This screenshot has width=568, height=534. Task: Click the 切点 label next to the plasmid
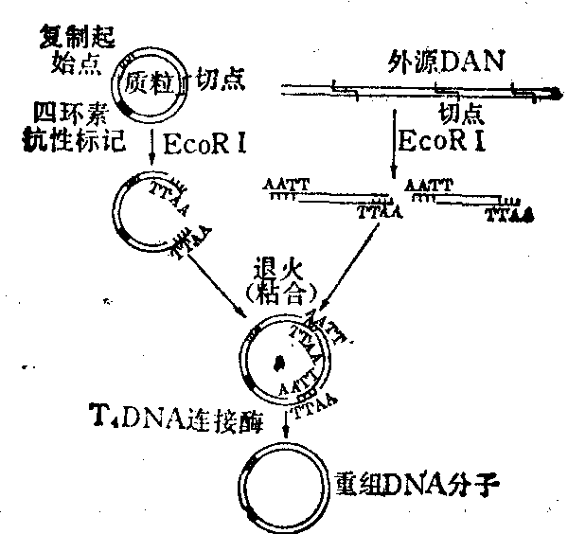[218, 80]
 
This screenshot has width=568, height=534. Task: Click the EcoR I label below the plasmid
[205, 145]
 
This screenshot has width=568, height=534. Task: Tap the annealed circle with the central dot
[280, 361]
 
